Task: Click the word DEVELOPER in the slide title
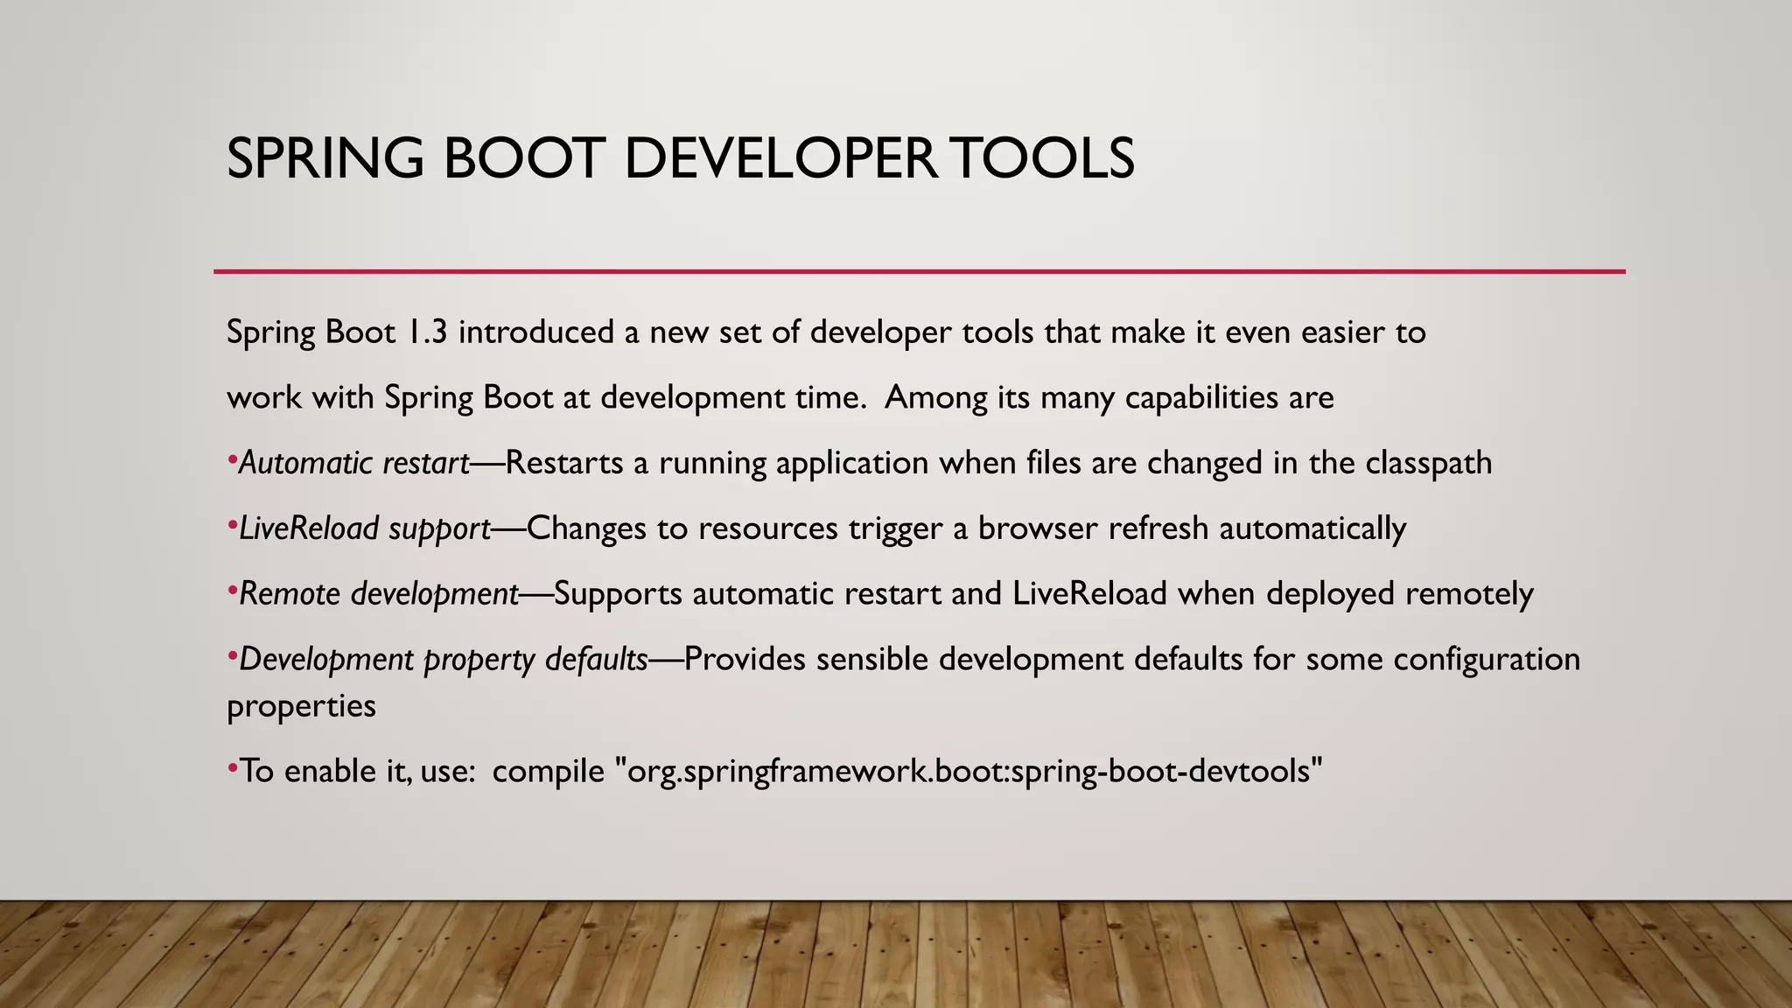coord(779,159)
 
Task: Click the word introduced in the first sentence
coord(536,332)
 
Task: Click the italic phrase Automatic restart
coord(354,463)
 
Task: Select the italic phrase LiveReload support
coord(364,528)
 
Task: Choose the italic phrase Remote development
coord(379,594)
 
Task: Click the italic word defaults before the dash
coord(596,659)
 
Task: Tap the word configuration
coord(1487,659)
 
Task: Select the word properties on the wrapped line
coord(301,706)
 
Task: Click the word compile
coord(548,771)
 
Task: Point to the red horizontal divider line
coord(919,272)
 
